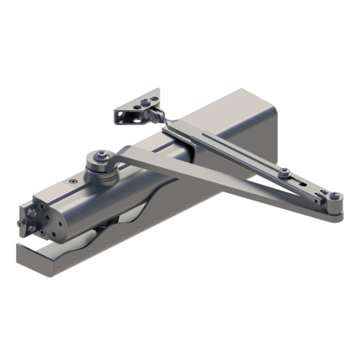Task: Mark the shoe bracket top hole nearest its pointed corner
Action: click(153, 94)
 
